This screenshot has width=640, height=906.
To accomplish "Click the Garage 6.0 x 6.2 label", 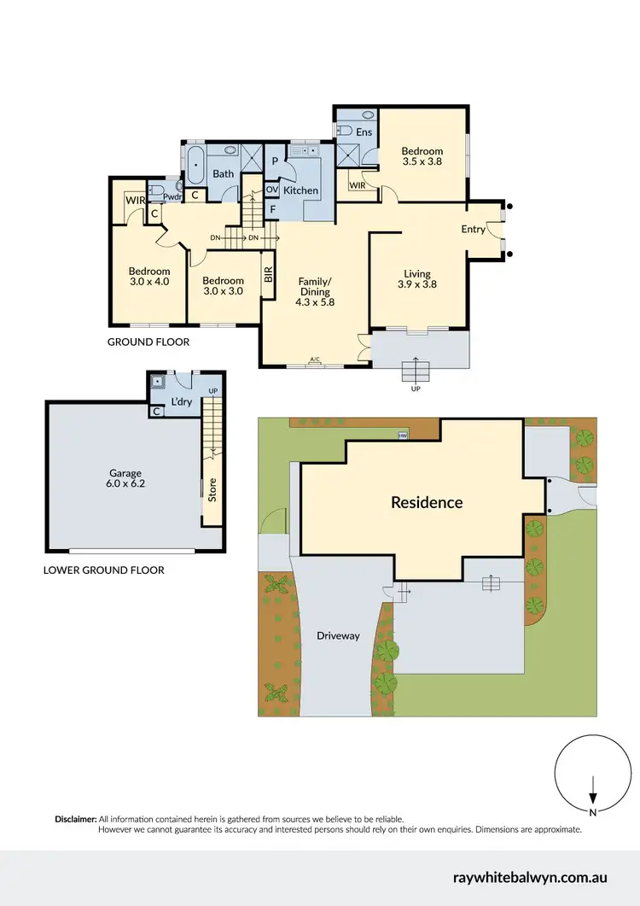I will (x=125, y=478).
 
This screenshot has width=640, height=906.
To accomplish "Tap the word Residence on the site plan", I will (x=427, y=502).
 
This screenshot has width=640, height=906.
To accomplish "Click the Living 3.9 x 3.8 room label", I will (x=419, y=279).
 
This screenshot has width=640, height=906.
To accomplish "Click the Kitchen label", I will (x=300, y=190).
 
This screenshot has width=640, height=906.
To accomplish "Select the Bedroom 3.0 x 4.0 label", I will (x=149, y=277).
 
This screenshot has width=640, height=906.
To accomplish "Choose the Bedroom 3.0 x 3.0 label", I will (x=223, y=285).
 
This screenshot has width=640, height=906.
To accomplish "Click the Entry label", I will (x=473, y=229).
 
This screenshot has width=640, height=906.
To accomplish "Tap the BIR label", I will (x=267, y=275).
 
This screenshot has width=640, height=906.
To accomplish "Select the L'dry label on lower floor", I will (x=181, y=401).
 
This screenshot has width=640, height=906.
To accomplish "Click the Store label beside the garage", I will (x=212, y=492).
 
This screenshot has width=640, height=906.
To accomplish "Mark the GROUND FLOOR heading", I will (x=148, y=342).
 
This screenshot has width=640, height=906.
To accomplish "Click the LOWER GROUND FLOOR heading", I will (x=103, y=570).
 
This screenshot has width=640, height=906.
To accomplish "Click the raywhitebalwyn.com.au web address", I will (x=530, y=877).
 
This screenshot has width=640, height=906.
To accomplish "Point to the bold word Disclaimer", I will (x=76, y=818).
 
